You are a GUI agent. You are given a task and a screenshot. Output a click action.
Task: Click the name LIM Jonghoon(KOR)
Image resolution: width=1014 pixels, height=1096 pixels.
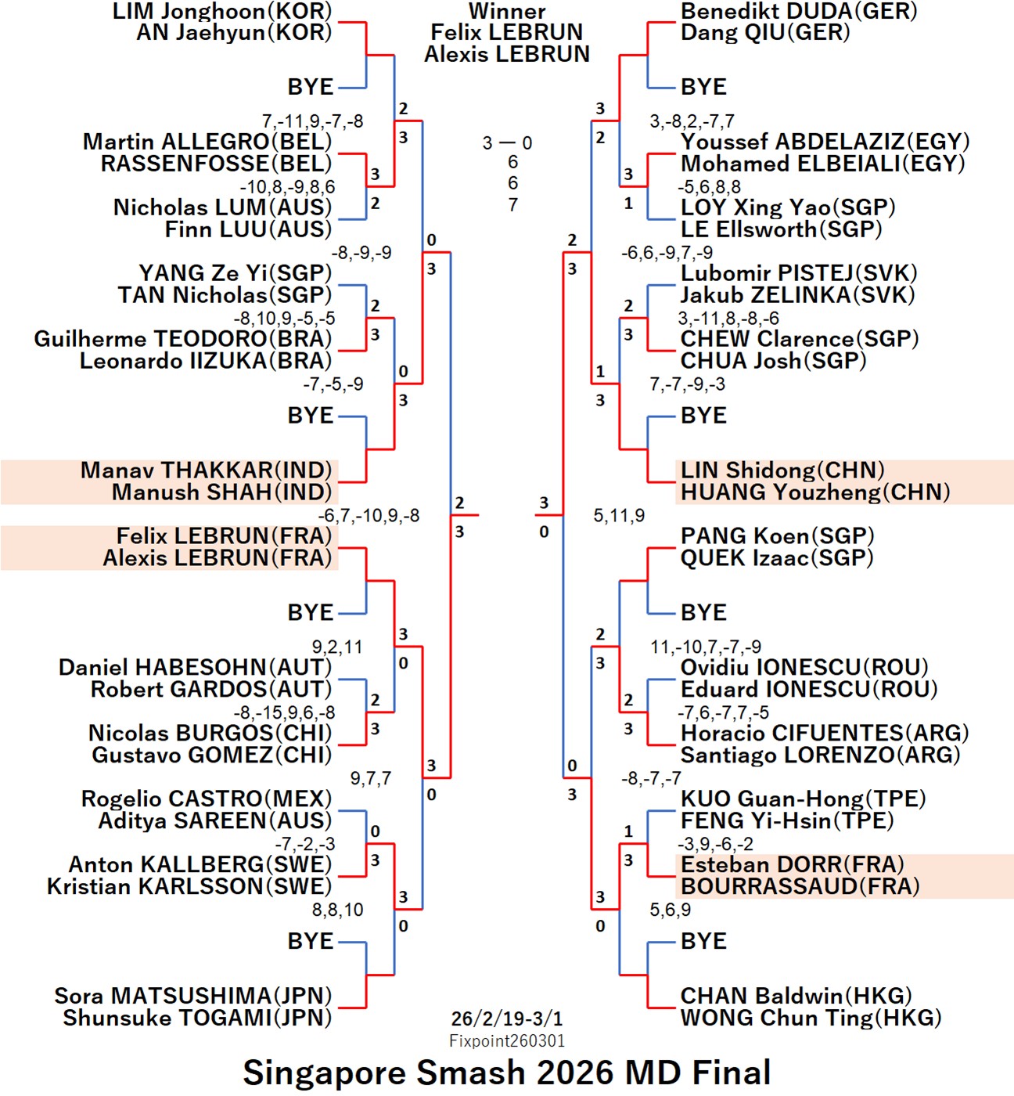pos(222,11)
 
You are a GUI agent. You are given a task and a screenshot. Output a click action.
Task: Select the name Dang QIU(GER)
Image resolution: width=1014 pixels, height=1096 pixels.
pos(764,33)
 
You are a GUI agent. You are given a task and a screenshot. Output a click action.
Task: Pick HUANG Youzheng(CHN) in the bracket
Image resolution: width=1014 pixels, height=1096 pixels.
pos(814,492)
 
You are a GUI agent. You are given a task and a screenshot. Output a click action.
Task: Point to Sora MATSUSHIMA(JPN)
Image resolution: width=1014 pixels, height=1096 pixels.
pos(192,996)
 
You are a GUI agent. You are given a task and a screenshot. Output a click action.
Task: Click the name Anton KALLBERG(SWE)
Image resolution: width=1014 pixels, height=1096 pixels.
pos(200,864)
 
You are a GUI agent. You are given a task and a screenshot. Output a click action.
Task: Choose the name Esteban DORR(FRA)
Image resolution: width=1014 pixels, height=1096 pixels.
pos(792,864)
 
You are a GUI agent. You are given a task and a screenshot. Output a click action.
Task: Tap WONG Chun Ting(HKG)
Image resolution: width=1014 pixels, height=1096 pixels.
pos(811,1018)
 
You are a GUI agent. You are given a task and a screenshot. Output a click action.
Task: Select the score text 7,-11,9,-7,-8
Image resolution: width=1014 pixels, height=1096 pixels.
pos(312,121)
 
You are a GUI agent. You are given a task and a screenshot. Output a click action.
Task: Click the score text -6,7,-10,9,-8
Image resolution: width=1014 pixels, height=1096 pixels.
pos(369,516)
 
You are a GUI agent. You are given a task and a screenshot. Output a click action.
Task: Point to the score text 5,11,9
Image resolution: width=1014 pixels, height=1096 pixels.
pos(619,516)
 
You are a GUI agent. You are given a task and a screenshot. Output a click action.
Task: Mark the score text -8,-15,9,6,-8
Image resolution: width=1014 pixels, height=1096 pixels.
pos(284,712)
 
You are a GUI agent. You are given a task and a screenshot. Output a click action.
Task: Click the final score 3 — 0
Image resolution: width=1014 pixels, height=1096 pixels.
pos(507,143)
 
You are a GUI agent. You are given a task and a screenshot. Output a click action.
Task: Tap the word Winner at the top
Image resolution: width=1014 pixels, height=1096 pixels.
pos(507,11)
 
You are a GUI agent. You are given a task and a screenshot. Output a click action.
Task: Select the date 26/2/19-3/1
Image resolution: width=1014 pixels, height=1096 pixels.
pos(507,1018)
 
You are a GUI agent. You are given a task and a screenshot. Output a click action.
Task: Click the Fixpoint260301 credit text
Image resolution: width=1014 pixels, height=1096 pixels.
pos(507,1041)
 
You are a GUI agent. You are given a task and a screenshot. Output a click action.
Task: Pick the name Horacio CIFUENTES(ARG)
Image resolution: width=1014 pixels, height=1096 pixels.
pos(825,734)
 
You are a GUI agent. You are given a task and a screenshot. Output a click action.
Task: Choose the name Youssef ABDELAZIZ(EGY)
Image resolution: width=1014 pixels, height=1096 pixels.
pos(825,142)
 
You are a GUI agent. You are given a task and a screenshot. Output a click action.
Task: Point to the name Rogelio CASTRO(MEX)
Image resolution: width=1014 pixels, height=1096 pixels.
pos(206,799)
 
